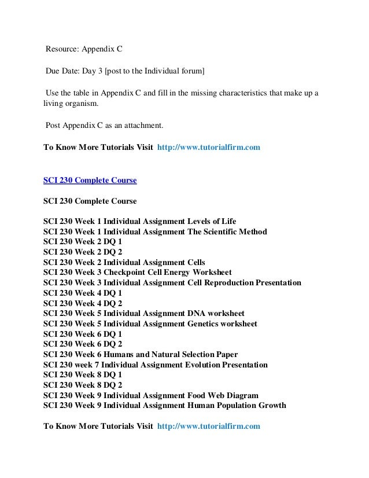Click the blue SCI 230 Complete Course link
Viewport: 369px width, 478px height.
(90, 180)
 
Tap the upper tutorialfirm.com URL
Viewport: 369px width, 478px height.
(209, 147)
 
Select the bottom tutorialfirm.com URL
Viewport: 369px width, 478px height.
(209, 426)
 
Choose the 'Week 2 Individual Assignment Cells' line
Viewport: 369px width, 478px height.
(124, 262)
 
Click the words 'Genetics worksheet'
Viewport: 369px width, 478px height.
(223, 323)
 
